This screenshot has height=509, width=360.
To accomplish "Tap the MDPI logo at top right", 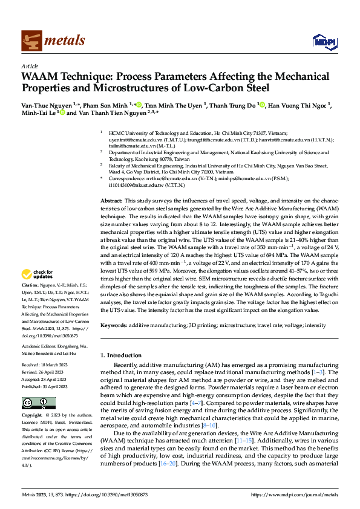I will point(323,41).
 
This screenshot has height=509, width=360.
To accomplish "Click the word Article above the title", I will point(30,65).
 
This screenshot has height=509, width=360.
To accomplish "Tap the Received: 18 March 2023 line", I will point(49,365).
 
